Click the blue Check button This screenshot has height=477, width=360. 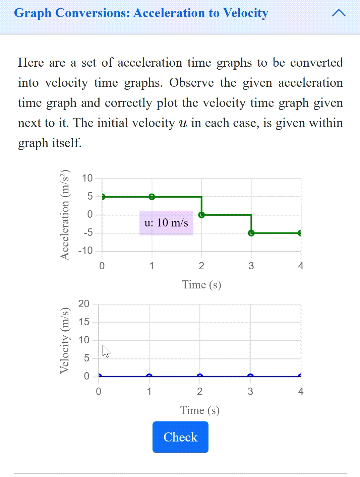180,437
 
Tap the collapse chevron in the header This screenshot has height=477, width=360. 339,13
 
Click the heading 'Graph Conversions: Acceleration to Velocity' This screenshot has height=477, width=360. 141,13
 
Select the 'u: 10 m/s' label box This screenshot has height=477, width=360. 166,223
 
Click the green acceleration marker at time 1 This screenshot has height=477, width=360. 152,197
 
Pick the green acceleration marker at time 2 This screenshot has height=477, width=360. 201,215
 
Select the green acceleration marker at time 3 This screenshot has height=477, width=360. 251,233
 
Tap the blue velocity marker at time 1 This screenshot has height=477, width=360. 149,376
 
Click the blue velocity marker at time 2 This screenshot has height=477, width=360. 200,376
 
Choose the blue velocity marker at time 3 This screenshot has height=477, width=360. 250,376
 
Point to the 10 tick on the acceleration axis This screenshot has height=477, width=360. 87,178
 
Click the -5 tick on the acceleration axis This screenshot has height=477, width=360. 87,233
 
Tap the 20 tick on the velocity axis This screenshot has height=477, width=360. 84,304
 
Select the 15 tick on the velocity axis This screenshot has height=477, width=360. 84,322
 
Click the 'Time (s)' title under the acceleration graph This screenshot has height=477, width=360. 201,284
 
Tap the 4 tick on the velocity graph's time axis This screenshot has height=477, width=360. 301,391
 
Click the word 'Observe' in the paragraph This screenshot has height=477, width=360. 191,83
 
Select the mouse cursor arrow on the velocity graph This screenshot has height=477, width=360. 106,351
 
